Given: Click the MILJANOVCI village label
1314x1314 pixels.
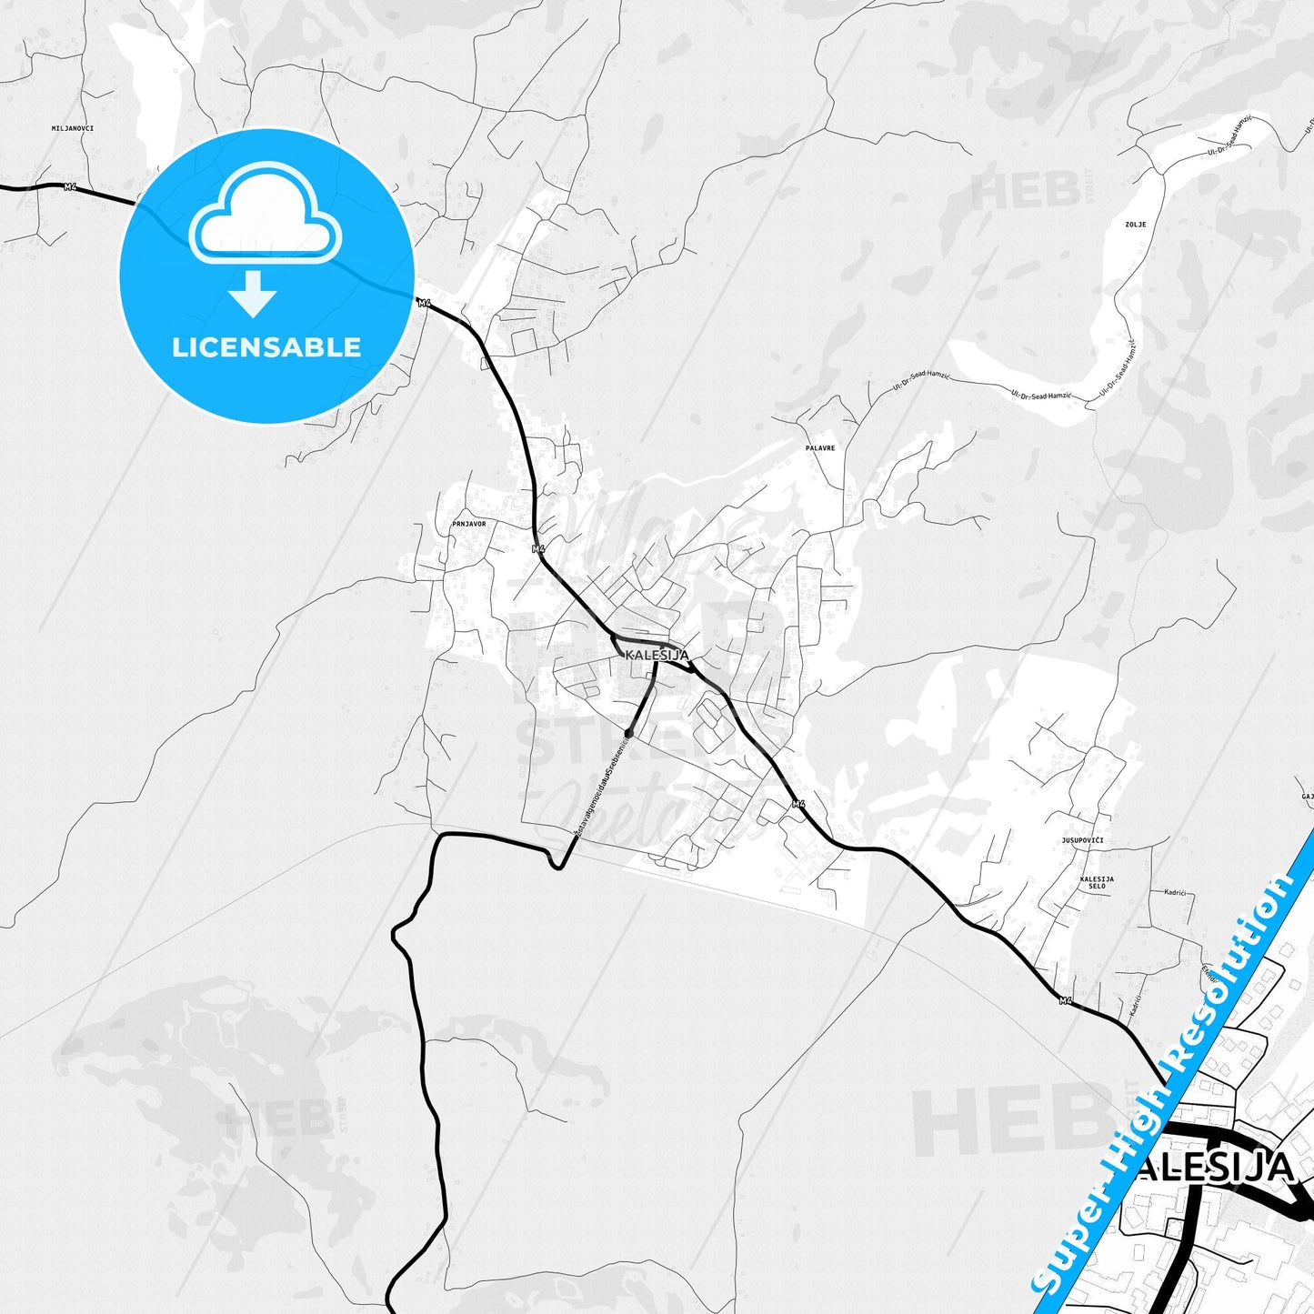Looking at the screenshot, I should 73,128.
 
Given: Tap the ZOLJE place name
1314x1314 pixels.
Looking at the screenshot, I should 1135,224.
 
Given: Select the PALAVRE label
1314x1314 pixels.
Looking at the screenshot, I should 819,448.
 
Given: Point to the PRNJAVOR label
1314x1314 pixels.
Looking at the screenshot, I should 468,524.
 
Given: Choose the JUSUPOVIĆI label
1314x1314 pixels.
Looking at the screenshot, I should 1082,840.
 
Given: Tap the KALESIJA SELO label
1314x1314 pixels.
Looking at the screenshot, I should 1097,882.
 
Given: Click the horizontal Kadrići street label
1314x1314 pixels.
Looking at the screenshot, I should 1175,892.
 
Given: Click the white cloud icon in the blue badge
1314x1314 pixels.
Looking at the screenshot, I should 266,216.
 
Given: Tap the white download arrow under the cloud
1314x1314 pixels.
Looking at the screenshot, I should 253,293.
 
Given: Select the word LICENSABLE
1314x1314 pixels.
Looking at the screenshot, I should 266,346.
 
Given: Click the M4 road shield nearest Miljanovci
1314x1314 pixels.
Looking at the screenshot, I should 70,186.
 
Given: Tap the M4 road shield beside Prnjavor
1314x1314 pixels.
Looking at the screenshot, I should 537,548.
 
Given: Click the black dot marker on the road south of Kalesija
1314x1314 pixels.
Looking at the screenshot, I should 628,732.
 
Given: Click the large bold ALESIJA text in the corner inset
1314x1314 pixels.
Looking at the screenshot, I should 1215,1168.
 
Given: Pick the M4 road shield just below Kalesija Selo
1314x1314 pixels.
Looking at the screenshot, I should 1066,1001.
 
